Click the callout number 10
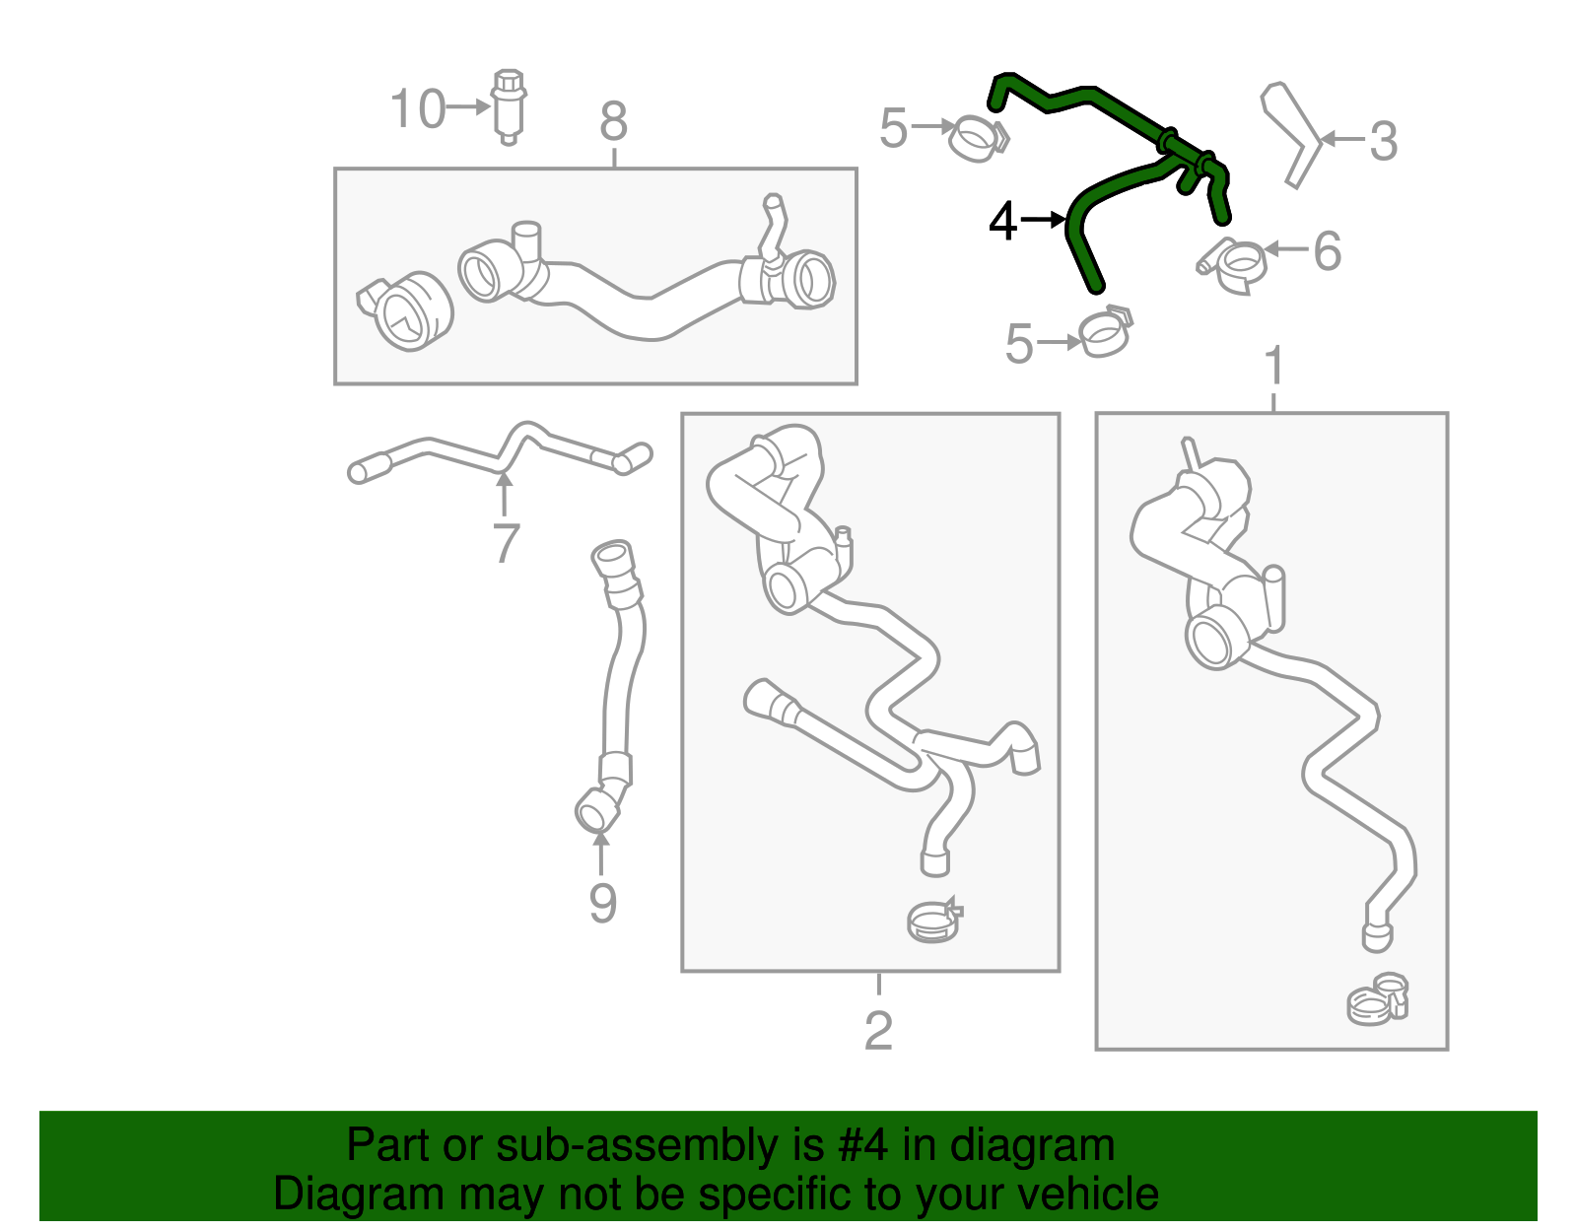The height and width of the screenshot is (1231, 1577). point(418,108)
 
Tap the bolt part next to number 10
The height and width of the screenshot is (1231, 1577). point(508,104)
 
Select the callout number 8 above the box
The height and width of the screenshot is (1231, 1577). point(613,123)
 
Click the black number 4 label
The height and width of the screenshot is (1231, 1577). point(1002,221)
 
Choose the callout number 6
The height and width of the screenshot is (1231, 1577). point(1328,251)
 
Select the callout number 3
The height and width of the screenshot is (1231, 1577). point(1384,142)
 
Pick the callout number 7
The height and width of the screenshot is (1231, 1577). point(505,543)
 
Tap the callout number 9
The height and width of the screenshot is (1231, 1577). point(602,903)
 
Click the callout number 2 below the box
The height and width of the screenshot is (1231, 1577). point(878,1031)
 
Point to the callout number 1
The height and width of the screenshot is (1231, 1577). point(1274,366)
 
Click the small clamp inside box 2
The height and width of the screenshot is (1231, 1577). point(933,921)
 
